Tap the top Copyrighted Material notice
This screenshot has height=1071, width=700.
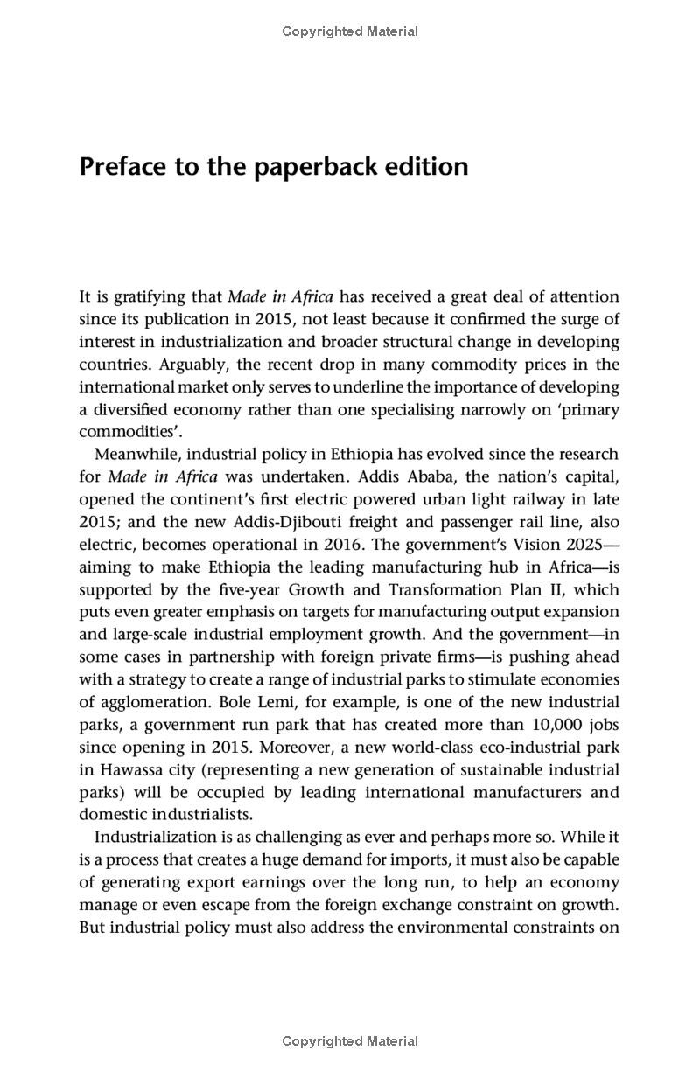(350, 31)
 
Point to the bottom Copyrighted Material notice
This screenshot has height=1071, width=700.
(350, 1041)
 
